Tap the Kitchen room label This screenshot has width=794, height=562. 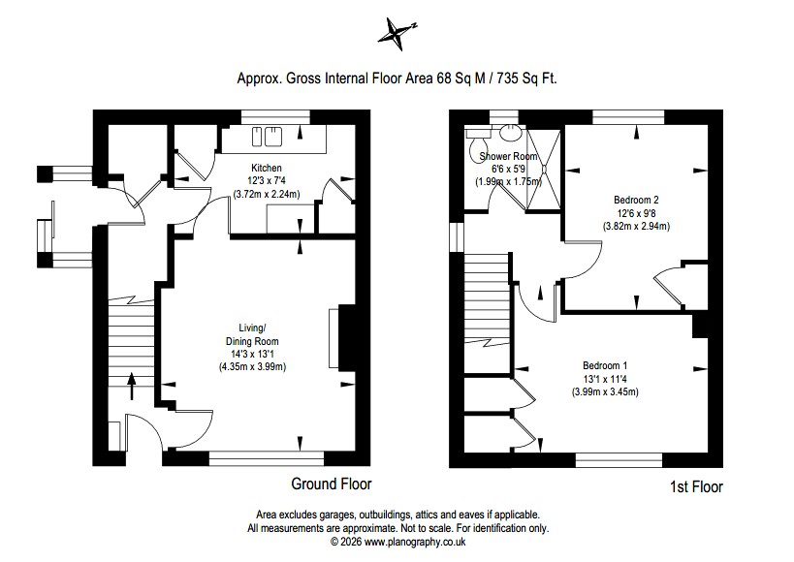coord(267,168)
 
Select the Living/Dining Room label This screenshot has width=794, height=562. coord(252,334)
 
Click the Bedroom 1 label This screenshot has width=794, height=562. coord(605,365)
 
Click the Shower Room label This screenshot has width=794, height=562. coord(508,156)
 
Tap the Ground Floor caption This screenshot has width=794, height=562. coord(332,484)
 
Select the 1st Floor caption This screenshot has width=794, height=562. coord(696,487)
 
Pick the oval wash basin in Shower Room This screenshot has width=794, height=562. coord(510,133)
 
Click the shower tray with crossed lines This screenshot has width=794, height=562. coord(544,170)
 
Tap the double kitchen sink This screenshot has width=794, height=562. coord(267,137)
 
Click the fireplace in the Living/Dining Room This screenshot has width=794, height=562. coord(342,338)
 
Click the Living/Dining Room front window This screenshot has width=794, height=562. coord(267,458)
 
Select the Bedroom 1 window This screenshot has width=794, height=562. coord(619,459)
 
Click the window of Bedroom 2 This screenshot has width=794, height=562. coord(628,117)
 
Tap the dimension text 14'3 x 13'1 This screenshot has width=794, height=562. coord(252,355)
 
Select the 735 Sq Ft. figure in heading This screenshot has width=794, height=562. coord(527,78)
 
